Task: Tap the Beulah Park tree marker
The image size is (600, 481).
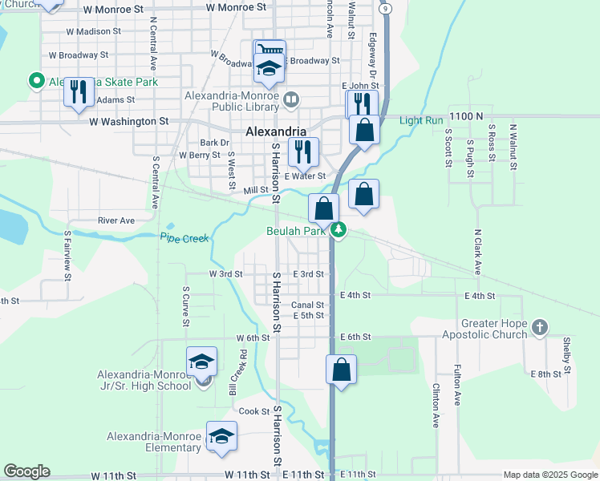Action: tap(339, 231)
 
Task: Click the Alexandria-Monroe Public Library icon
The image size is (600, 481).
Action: tap(291, 100)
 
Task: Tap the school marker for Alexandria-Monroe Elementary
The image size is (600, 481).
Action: tap(221, 436)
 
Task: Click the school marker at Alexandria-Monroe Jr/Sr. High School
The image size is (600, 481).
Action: tap(202, 362)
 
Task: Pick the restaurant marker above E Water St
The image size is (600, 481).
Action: tap(303, 151)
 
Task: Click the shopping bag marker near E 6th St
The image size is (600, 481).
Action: tap(341, 370)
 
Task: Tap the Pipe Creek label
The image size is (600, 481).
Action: tap(184, 238)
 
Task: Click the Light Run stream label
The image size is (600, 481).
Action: tap(421, 121)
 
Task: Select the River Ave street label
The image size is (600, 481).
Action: tap(116, 220)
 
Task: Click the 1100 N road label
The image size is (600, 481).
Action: tap(466, 116)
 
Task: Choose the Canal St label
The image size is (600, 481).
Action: tap(307, 305)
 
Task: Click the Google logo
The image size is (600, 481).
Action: tap(26, 471)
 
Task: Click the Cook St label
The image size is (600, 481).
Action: tap(253, 411)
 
